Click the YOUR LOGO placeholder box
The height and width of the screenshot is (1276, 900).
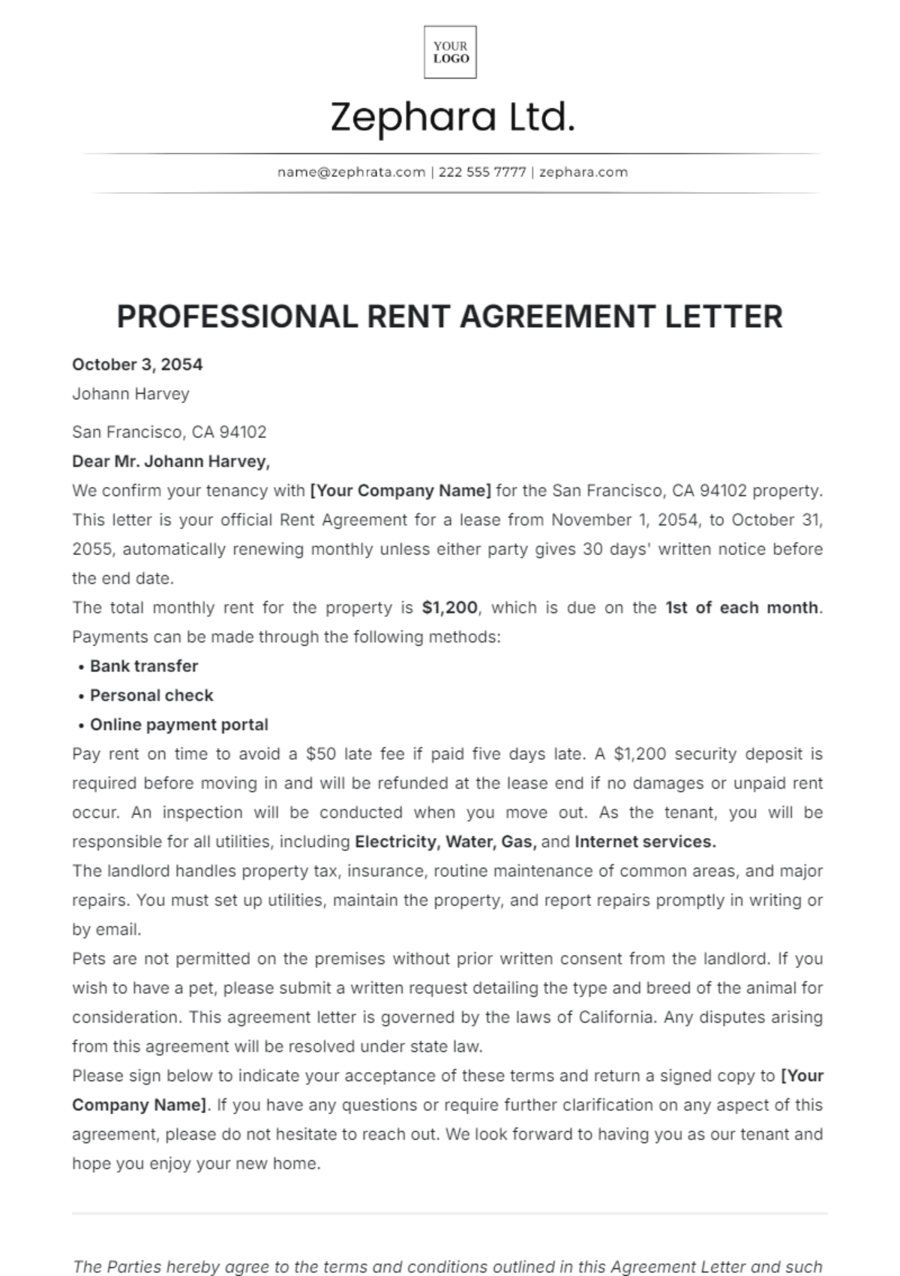[450, 53]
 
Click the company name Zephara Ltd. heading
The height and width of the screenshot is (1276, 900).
[452, 118]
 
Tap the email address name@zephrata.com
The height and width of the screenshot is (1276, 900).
[351, 172]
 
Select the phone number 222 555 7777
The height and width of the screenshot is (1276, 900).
[482, 172]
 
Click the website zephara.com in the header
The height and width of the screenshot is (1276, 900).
[583, 172]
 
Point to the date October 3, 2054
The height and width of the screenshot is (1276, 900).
[137, 365]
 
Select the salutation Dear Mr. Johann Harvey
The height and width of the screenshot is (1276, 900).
[171, 461]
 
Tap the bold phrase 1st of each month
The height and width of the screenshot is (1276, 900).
[742, 608]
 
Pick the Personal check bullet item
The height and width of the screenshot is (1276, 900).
[151, 695]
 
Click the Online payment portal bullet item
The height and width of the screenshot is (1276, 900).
[179, 725]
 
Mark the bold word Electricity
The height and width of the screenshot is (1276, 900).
[395, 842]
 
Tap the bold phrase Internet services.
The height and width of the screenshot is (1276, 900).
[645, 842]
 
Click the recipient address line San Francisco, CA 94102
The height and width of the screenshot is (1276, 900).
[169, 432]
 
